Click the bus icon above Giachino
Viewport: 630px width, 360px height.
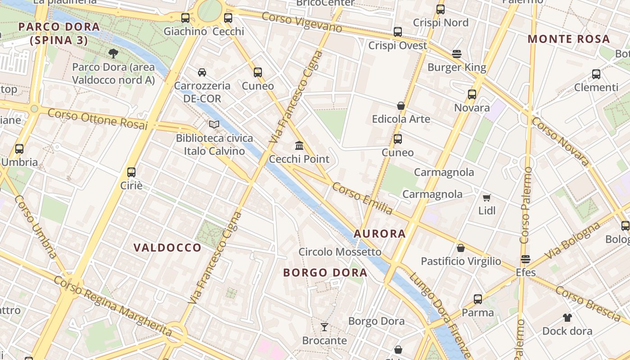(185, 18)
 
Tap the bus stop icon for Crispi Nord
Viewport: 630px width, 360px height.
(441, 9)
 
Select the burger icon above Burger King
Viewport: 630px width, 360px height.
(457, 54)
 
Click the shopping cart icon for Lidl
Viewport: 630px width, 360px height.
(486, 198)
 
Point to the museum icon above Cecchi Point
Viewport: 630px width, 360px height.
(299, 145)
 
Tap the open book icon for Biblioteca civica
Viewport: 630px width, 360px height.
(214, 124)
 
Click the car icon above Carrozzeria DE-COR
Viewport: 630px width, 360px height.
(202, 72)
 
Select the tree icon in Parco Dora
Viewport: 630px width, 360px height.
(113, 54)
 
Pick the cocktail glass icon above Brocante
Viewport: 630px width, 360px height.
(324, 327)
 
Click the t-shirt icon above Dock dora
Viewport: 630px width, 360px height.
(567, 317)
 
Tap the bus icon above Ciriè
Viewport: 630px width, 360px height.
(131, 172)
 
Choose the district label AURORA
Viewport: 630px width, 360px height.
(380, 234)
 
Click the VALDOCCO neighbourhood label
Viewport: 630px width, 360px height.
(167, 247)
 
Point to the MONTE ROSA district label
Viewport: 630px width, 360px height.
(569, 39)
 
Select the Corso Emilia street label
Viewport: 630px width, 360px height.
(362, 198)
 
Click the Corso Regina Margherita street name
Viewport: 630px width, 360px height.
(113, 306)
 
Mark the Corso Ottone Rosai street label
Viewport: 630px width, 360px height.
(98, 119)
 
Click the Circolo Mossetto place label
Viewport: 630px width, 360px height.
(340, 252)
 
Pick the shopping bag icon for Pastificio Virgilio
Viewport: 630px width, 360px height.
(461, 248)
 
